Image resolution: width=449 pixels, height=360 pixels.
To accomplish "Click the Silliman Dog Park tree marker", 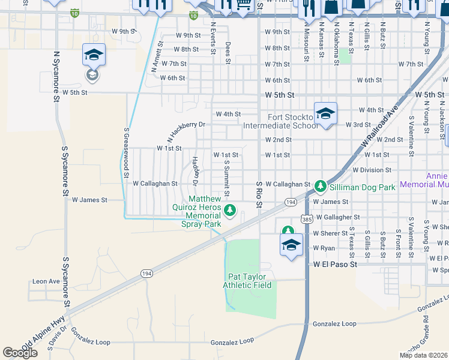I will click(x=321, y=186).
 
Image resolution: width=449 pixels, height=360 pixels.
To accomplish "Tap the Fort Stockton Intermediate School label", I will click(x=281, y=121).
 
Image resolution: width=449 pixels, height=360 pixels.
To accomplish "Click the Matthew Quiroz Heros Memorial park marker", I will click(x=229, y=210).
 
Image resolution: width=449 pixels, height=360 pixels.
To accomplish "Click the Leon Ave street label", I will click(x=46, y=281).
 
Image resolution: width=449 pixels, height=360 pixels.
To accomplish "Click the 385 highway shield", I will click(x=307, y=219).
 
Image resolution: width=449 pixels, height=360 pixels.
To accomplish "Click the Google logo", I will click(x=20, y=353).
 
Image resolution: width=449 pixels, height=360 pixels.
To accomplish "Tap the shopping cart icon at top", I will click(x=244, y=5).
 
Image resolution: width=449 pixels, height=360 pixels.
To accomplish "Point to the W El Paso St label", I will click(x=335, y=264).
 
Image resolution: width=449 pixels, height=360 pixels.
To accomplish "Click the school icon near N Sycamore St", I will click(x=94, y=55).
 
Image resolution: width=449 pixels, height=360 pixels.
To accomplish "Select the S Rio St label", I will click(x=259, y=195).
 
